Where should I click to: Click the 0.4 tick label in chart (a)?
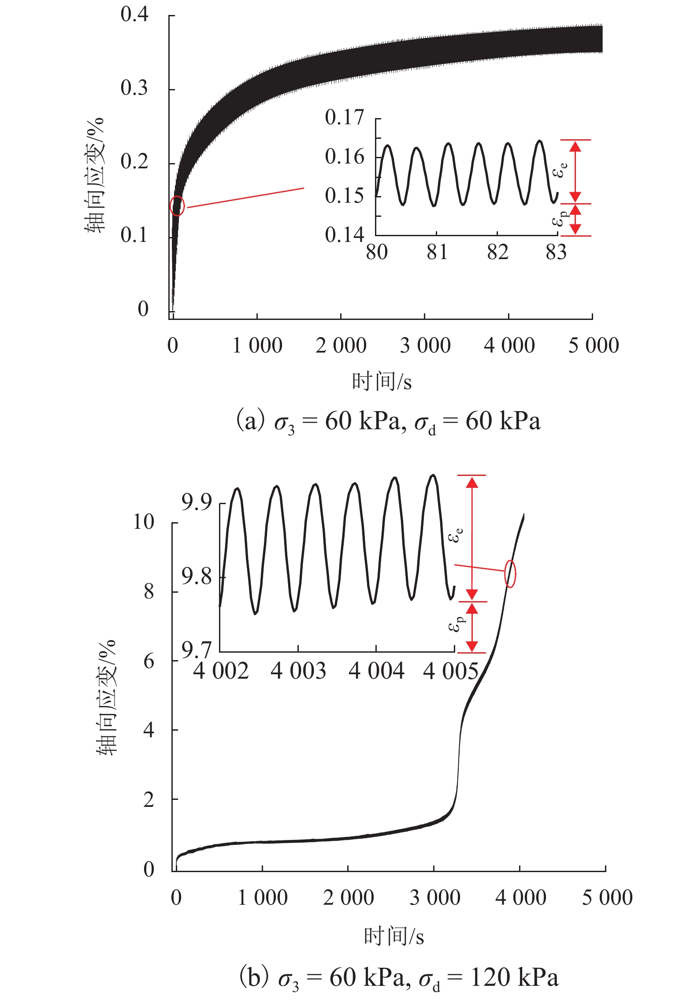coord(134,15)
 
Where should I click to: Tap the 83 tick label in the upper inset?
coord(556,253)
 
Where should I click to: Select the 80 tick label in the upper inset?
coord(377,253)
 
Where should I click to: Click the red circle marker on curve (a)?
coord(177,206)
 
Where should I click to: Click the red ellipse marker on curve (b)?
coord(510,574)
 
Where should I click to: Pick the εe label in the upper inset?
coord(560,170)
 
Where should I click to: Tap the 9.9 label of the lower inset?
coord(197,502)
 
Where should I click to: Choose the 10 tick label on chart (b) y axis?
coord(144,522)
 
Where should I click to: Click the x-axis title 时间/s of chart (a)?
coord(382,382)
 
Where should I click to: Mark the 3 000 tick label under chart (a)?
coord(425,345)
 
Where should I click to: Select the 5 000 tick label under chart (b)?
coord(607,898)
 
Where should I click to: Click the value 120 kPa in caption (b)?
coord(514,978)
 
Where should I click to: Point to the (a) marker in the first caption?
coord(251,421)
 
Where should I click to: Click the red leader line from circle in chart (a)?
coord(245,197)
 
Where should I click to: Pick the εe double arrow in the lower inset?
coord(472,538)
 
